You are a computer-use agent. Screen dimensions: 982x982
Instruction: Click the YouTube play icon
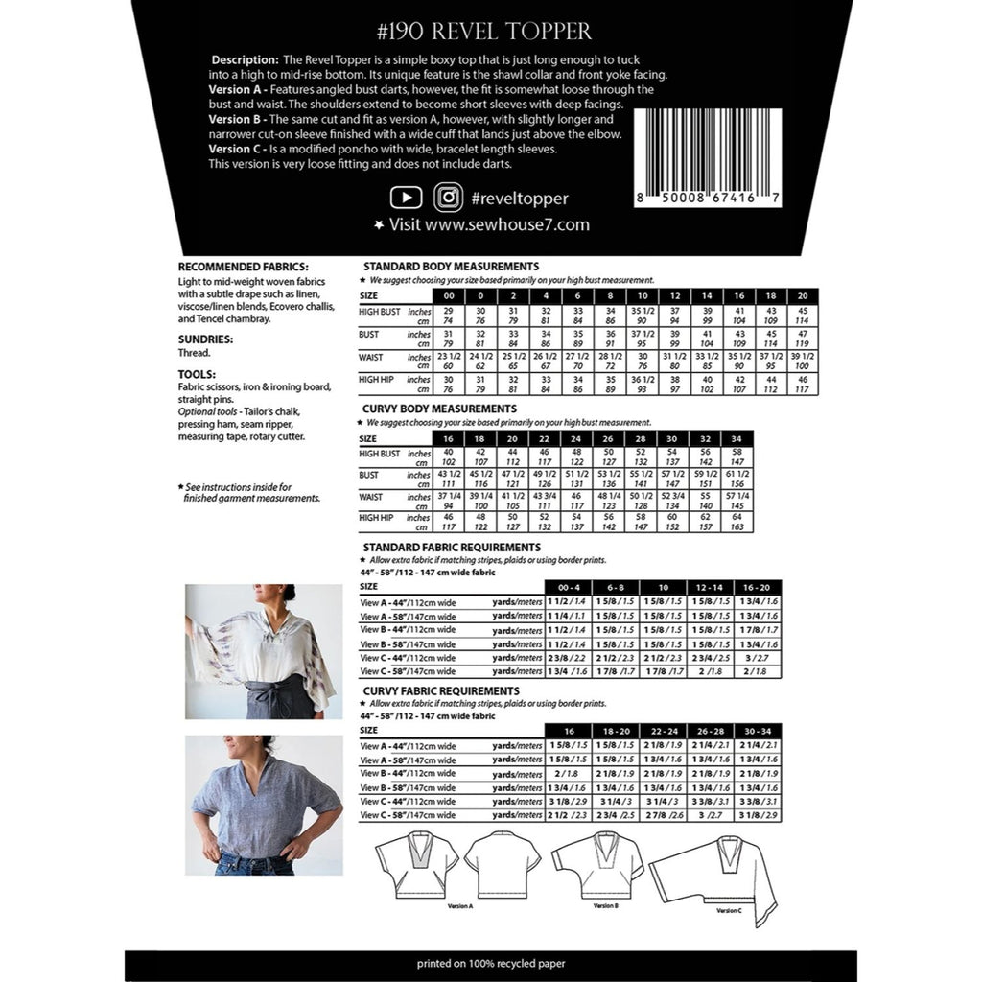(x=406, y=198)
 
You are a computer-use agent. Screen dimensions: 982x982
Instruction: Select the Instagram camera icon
(x=448, y=198)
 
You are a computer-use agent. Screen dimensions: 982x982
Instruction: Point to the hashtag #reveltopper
(x=519, y=199)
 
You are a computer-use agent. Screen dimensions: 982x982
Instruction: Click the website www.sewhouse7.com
(x=490, y=225)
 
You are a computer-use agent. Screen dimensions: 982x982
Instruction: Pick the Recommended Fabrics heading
(x=243, y=267)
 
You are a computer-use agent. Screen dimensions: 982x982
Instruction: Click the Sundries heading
(x=205, y=339)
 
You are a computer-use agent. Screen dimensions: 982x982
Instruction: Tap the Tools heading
(x=197, y=374)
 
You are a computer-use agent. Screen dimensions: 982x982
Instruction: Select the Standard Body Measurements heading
(x=448, y=266)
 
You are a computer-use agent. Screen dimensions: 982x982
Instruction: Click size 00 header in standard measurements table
(x=448, y=296)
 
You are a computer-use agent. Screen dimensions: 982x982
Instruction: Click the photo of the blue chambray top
(x=263, y=805)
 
